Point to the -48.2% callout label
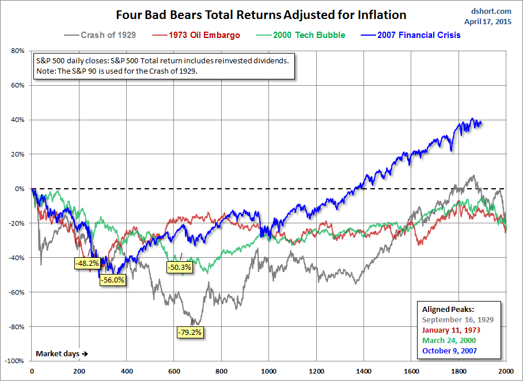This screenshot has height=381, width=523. point(87,264)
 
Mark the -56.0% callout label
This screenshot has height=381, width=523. point(112,280)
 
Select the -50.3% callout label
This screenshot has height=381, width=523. point(179,267)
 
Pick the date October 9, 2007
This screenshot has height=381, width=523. point(449,350)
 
